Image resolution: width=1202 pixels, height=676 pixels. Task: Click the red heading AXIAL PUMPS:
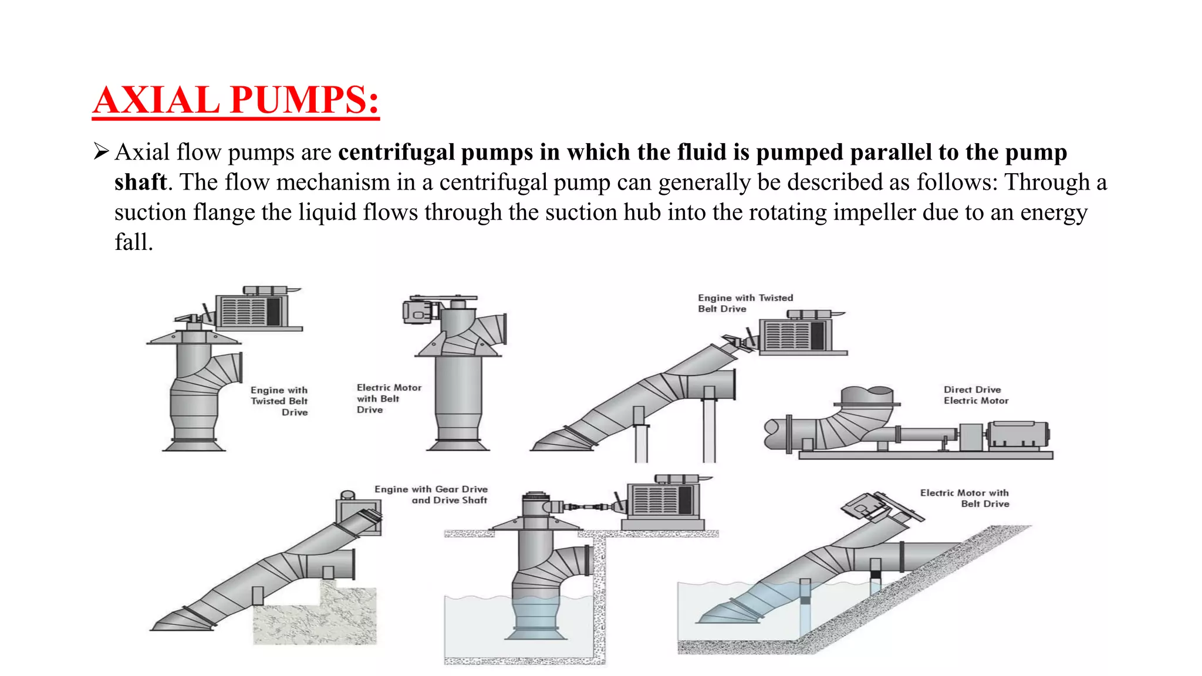pyautogui.click(x=235, y=100)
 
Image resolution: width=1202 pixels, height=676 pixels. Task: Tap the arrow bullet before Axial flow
pyautogui.click(x=101, y=152)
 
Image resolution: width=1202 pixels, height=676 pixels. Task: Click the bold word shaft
pyautogui.click(x=140, y=182)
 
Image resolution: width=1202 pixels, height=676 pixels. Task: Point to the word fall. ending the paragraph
pyautogui.click(x=134, y=242)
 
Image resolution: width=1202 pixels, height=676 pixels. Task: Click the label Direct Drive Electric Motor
pyautogui.click(x=975, y=395)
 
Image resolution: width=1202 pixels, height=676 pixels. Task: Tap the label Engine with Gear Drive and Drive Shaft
pyautogui.click(x=431, y=495)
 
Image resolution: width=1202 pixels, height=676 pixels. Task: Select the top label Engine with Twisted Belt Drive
pyautogui.click(x=745, y=303)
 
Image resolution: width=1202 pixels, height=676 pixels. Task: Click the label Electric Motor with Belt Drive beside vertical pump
pyautogui.click(x=389, y=398)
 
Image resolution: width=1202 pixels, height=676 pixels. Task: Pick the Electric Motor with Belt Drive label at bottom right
pyautogui.click(x=965, y=498)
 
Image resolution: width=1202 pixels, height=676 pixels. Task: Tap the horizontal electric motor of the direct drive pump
pyautogui.click(x=1018, y=435)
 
